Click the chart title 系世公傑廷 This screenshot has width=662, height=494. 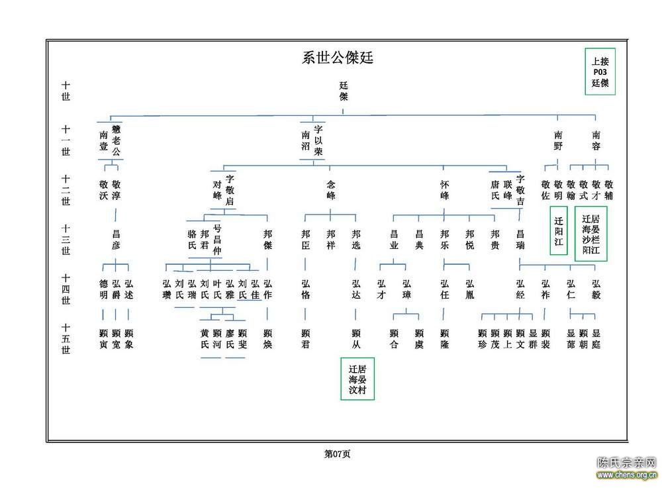click(338, 58)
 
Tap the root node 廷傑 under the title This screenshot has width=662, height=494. click(343, 91)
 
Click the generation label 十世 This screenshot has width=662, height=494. click(66, 91)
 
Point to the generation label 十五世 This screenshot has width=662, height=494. click(66, 339)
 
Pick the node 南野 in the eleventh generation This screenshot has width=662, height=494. click(558, 141)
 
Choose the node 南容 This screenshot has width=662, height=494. click(596, 141)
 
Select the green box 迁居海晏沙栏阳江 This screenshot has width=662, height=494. click(591, 234)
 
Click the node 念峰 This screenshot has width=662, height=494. click(330, 190)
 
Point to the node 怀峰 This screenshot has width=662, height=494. click(444, 190)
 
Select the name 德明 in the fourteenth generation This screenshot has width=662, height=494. click(103, 289)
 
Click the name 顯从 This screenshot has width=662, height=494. click(356, 339)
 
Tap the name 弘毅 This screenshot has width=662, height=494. click(596, 289)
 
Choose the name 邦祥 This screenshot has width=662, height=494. click(330, 240)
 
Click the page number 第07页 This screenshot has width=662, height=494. click(337, 454)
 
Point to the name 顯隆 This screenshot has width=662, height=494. click(444, 339)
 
